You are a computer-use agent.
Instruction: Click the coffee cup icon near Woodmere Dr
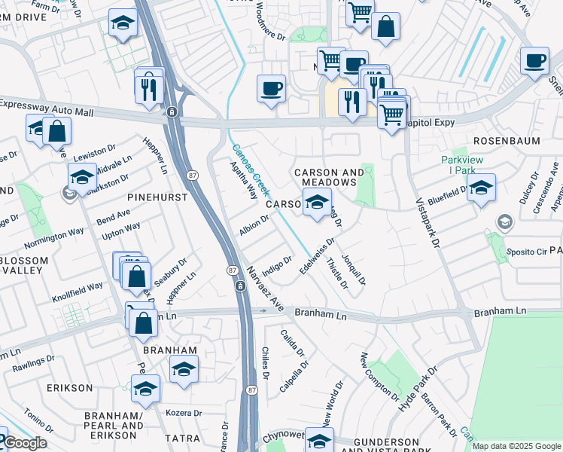pos(271,89)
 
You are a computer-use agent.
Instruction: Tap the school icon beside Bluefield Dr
pos(481,188)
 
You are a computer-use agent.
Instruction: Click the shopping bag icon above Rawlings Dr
pos(143,323)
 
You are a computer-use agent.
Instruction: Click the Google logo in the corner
pos(25,442)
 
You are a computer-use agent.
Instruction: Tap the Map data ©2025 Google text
pos(516,446)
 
